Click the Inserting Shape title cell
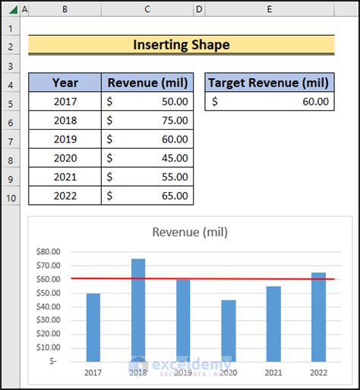[181, 45]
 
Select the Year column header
[65, 83]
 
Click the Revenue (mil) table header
[147, 83]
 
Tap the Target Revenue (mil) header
[269, 83]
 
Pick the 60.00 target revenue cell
[269, 101]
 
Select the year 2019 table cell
[65, 139]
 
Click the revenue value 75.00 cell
[147, 120]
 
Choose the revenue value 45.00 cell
[147, 158]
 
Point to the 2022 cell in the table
[65, 196]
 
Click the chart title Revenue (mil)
[190, 232]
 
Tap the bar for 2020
[229, 330]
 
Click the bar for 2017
[93, 327]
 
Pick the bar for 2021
[273, 323]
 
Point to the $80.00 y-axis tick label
[49, 252]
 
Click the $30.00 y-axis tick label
[49, 320]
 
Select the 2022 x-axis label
[319, 373]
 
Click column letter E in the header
[269, 9]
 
